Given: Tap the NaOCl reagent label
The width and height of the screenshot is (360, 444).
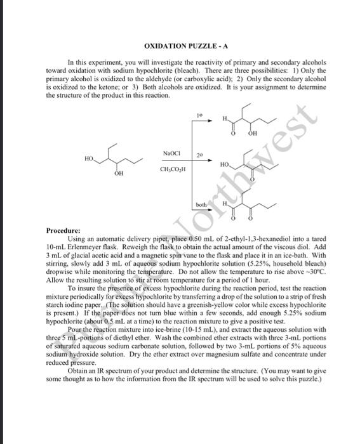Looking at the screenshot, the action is [171, 154].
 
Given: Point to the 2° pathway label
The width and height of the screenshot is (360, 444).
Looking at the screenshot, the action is [199, 155].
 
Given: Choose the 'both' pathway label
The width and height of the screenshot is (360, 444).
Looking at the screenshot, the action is [201, 206].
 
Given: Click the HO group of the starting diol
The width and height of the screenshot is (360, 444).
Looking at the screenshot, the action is [88, 158].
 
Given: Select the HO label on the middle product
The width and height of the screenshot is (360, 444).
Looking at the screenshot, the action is [225, 164].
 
